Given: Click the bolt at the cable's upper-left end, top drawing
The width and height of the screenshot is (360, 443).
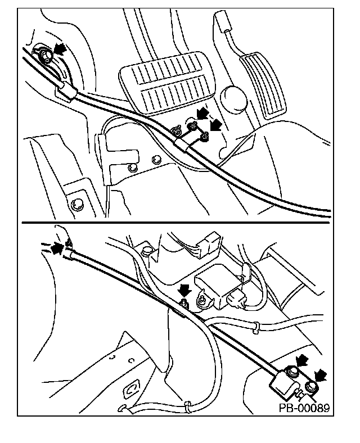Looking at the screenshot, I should coord(46,55).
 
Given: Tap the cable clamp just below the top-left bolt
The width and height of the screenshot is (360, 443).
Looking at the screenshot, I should coord(67,91).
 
